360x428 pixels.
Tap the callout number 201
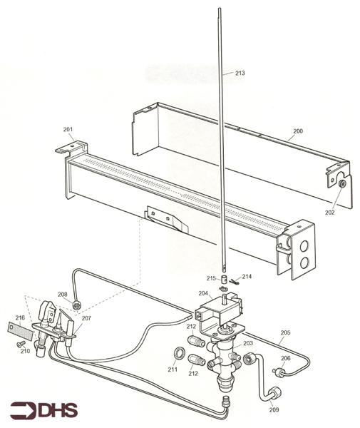click(x=68, y=129)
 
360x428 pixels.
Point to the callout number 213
click(x=240, y=73)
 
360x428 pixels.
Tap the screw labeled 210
click(x=19, y=343)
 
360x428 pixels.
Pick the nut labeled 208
click(x=76, y=306)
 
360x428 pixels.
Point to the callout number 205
click(x=284, y=333)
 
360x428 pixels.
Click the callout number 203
click(x=247, y=344)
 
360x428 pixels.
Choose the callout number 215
click(x=211, y=278)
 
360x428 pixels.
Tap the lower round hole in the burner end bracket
click(x=305, y=263)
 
